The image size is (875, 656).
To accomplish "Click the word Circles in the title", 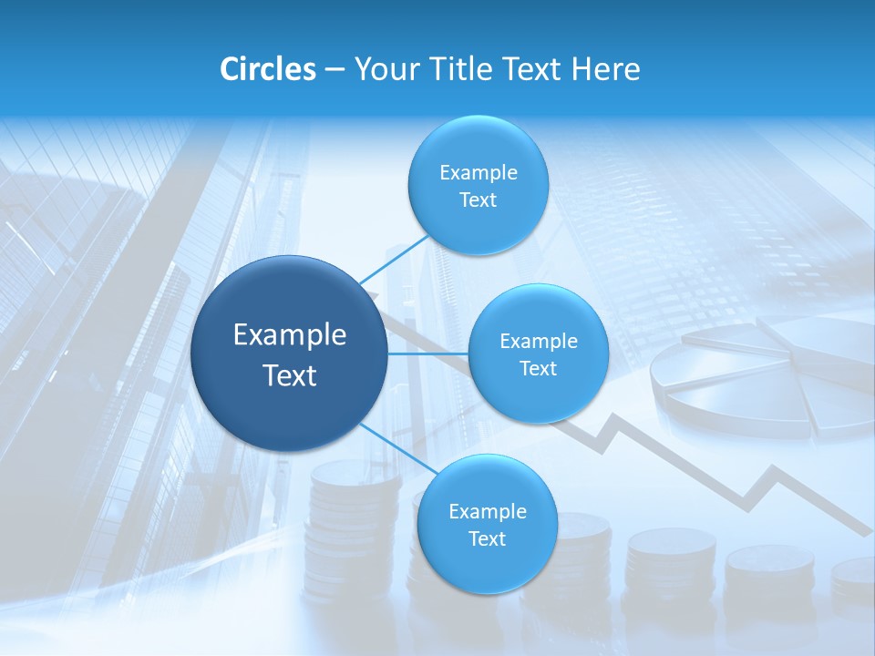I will (x=267, y=69).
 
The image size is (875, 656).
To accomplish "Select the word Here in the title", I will (x=606, y=69).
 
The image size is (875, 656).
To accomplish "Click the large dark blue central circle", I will (x=289, y=354).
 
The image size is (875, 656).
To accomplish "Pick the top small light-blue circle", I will (x=478, y=186).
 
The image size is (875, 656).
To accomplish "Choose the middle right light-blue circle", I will (x=539, y=354).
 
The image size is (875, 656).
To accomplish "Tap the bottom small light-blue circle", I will (x=487, y=525).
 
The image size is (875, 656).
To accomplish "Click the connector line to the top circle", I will (x=394, y=260).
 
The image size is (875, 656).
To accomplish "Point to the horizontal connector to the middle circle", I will (x=428, y=354).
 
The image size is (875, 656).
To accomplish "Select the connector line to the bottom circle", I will (x=398, y=450).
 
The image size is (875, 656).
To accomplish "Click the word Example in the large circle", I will (x=289, y=334).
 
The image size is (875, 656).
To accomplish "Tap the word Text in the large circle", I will (x=289, y=375).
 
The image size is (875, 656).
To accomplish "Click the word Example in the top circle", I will (x=478, y=172).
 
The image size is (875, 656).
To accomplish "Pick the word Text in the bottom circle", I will (x=487, y=538).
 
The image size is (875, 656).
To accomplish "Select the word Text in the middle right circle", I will (x=539, y=368).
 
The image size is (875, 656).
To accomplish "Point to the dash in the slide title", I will (x=335, y=69).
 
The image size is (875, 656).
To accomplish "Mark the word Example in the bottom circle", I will (x=487, y=511).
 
